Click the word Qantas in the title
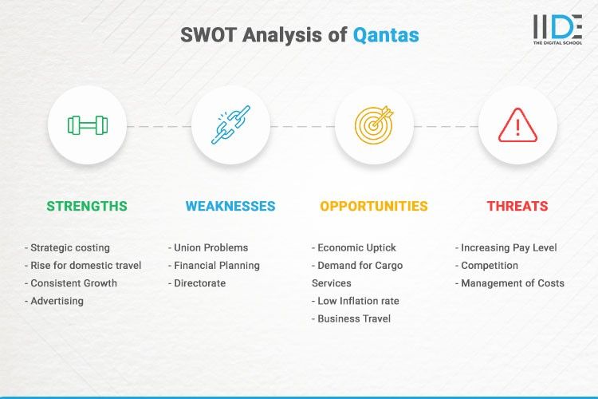point(386,35)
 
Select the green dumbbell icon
point(87,125)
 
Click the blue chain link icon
point(230,125)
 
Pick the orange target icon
point(374,125)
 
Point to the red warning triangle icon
point(517,125)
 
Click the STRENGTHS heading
point(87,206)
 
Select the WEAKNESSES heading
point(230,206)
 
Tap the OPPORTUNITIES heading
point(374,206)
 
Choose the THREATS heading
point(517,206)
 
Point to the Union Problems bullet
point(208,247)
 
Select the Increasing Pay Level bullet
point(507,247)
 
